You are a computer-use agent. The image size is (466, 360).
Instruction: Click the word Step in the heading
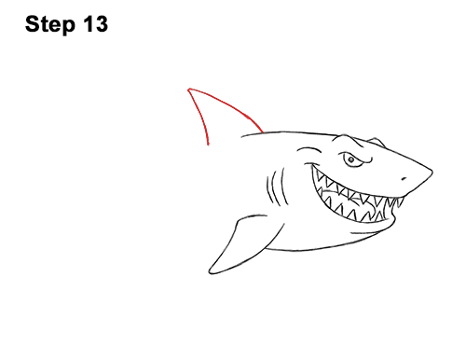pyautogui.click(x=50, y=24)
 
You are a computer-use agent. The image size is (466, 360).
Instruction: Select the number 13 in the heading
pyautogui.click(x=95, y=23)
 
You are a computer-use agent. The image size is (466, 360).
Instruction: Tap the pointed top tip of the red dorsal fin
pyautogui.click(x=188, y=90)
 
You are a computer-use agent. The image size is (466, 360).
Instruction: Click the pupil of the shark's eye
pyautogui.click(x=351, y=159)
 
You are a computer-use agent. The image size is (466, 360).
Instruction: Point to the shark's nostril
pyautogui.click(x=404, y=179)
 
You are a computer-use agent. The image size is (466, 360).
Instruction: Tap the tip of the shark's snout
pyautogui.click(x=432, y=172)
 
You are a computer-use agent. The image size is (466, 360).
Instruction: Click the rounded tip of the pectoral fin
pyautogui.click(x=210, y=271)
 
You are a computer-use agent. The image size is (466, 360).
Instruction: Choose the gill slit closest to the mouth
pyautogui.click(x=283, y=187)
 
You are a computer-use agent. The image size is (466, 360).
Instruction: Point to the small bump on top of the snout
pyautogui.click(x=377, y=142)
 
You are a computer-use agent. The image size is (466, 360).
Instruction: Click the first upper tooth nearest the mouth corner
pyautogui.click(x=319, y=178)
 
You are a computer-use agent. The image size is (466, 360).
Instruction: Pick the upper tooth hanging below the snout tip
pyautogui.click(x=400, y=202)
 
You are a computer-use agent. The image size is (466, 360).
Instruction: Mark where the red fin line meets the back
pyautogui.click(x=263, y=132)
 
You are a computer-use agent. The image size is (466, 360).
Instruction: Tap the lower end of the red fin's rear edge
pyautogui.click(x=208, y=145)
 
